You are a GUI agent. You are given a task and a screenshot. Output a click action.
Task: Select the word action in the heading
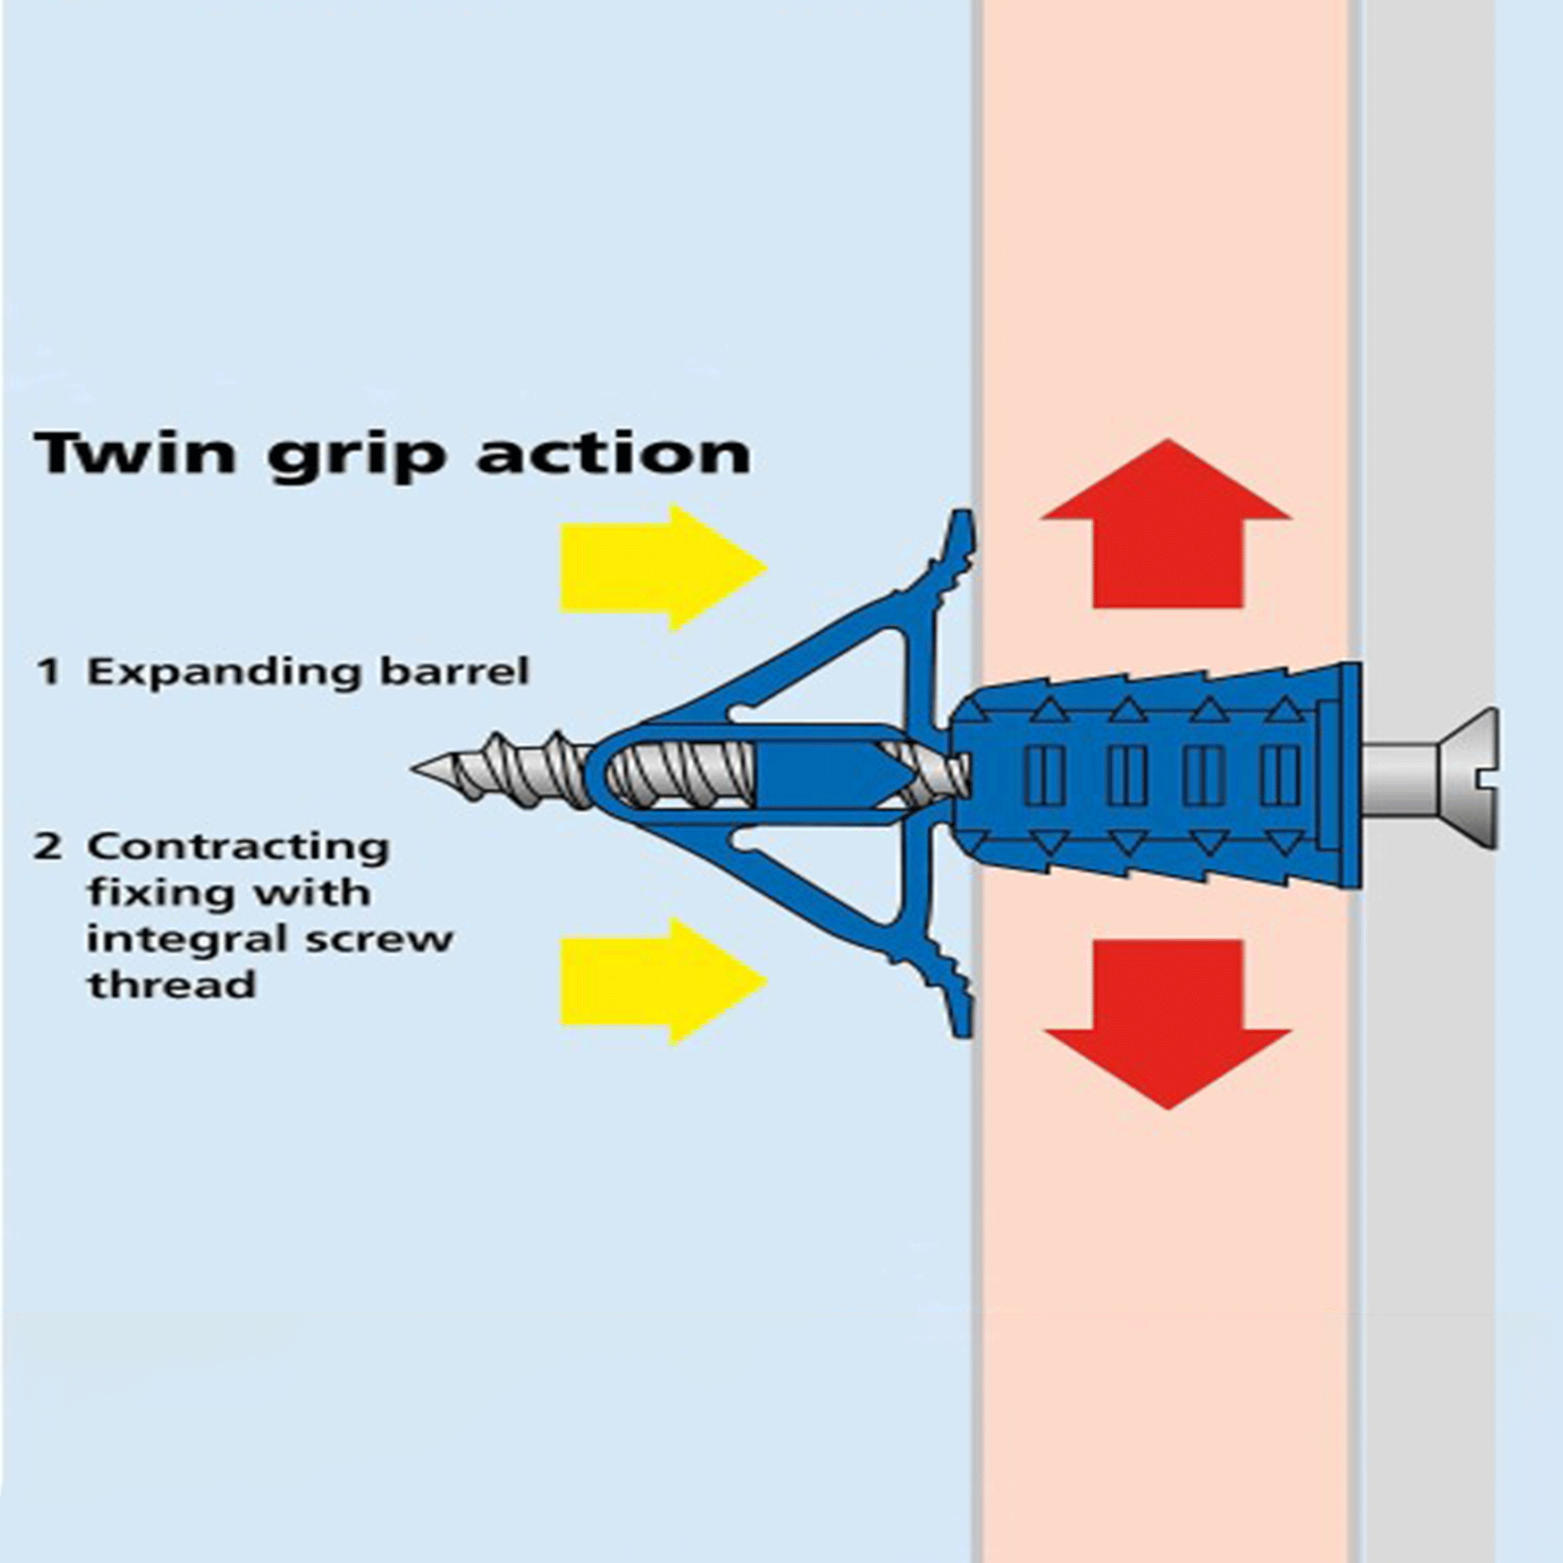coord(614,453)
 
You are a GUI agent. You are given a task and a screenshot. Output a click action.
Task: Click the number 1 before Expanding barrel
coord(50,672)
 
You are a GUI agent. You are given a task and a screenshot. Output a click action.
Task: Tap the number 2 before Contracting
coord(50,847)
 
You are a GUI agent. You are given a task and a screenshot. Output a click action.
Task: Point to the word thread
coord(172,985)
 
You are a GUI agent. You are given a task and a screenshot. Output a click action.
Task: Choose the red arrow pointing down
coord(1167,1023)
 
